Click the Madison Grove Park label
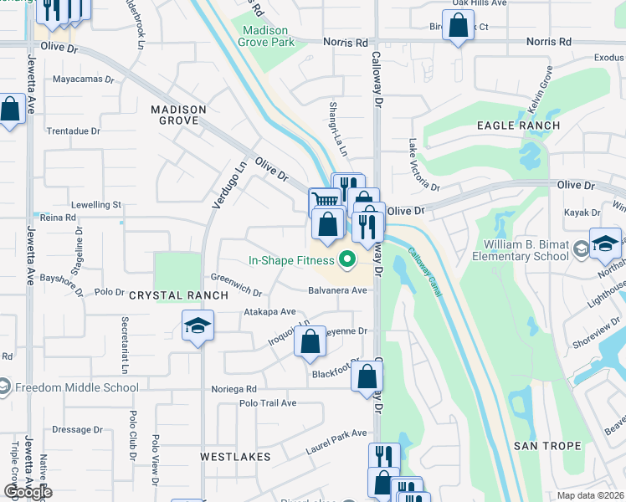[269, 36]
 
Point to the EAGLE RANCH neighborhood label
[518, 125]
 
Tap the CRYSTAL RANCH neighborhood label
[177, 295]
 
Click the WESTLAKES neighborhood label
[235, 457]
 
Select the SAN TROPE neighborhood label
[546, 446]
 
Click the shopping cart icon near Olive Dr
[326, 202]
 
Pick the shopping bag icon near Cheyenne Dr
[310, 341]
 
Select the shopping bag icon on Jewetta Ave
[10, 110]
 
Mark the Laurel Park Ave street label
[336, 433]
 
